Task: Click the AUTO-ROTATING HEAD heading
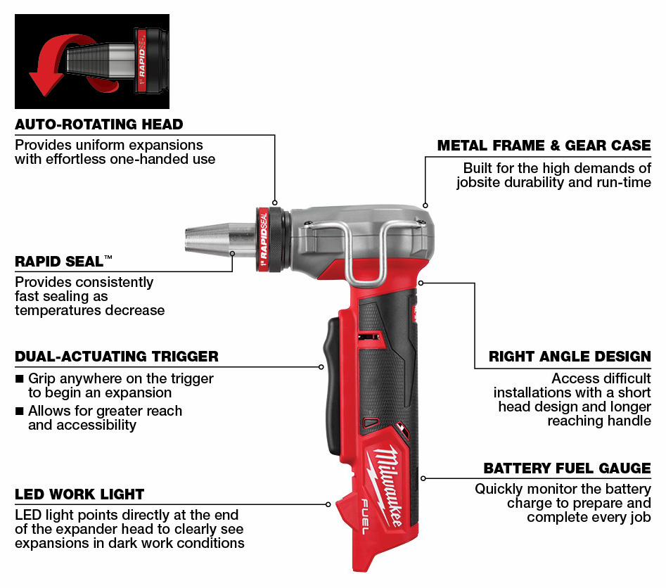click(99, 124)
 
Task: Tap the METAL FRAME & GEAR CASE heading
click(544, 146)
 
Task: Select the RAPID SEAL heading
click(64, 261)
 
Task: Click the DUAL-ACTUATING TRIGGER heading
click(117, 356)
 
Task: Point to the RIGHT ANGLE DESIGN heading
click(570, 356)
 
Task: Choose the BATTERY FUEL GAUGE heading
click(568, 468)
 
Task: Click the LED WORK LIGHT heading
click(79, 494)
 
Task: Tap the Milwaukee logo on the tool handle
click(385, 485)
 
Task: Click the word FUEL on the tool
click(365, 517)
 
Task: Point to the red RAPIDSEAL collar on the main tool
click(263, 240)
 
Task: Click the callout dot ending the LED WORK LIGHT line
click(328, 504)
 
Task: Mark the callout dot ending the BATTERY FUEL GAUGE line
click(423, 478)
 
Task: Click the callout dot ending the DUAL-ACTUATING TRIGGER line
click(321, 366)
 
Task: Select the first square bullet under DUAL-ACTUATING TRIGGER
click(19, 378)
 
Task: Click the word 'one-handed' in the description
click(144, 160)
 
